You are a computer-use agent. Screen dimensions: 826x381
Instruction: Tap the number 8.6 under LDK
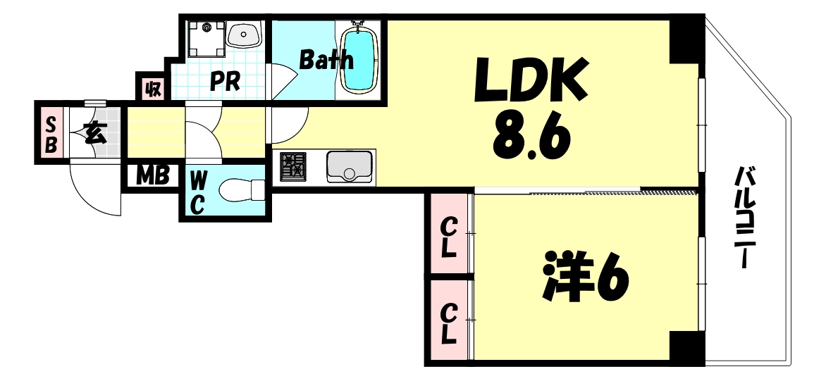[531, 137]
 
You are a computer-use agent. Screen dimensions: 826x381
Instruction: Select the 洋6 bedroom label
[585, 277]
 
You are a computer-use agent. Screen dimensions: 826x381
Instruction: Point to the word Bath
[326, 59]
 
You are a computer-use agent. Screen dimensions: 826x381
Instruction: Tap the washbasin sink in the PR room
[244, 35]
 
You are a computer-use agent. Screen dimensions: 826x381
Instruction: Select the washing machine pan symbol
[207, 39]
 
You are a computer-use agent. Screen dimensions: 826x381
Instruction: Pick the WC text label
[197, 192]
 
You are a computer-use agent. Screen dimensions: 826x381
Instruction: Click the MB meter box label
[152, 176]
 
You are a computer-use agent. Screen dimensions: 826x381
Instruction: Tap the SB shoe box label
[51, 135]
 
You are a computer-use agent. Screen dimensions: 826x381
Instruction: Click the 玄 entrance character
[94, 134]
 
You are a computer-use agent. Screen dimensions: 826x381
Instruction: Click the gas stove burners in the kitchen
[293, 167]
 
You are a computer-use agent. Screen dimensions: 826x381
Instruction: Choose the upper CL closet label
[448, 238]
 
